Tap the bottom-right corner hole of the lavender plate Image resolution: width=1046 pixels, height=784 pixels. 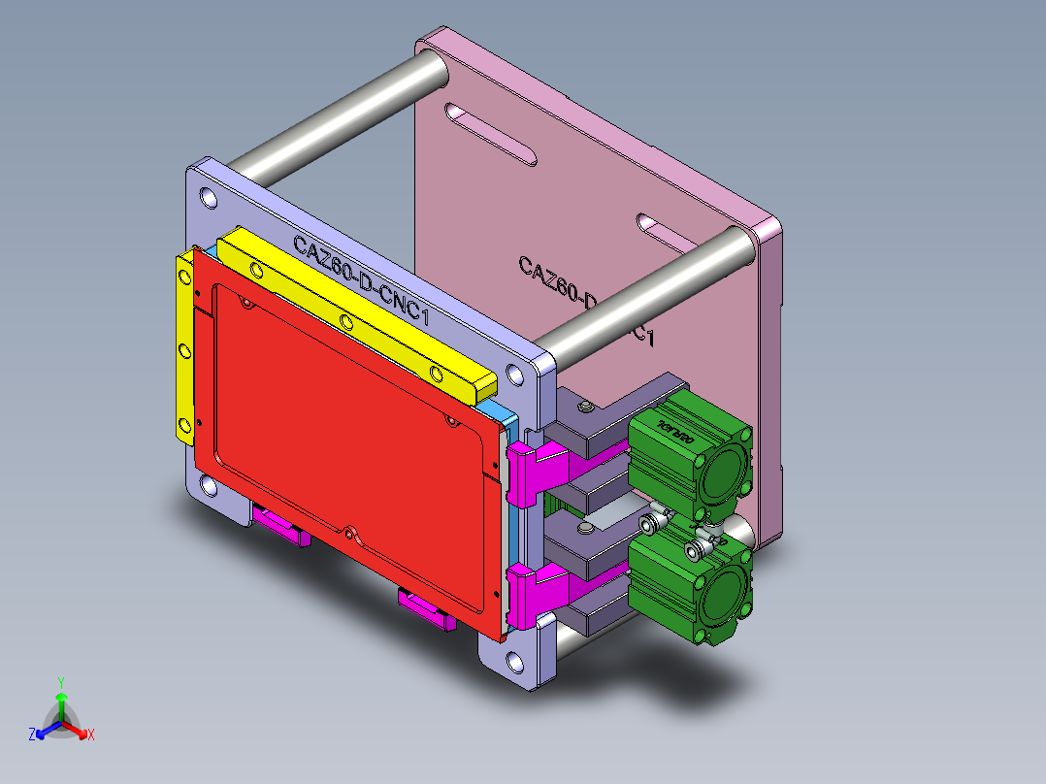[x=514, y=664]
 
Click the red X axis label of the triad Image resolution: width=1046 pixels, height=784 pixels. [x=91, y=735]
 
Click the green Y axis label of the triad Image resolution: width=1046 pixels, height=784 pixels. [x=60, y=682]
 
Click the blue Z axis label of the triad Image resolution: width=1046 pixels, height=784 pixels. [x=31, y=735]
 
